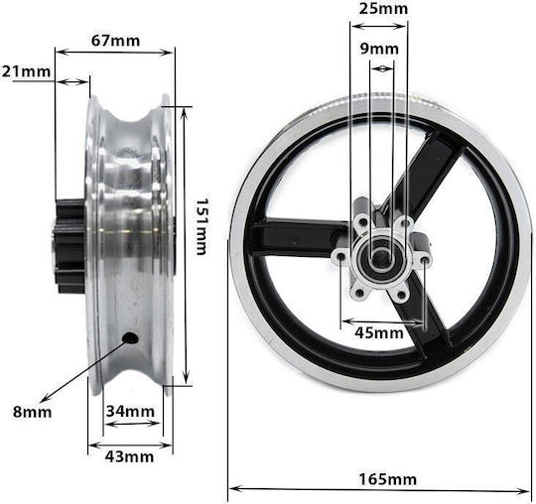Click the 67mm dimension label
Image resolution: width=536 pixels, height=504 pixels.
tap(115, 41)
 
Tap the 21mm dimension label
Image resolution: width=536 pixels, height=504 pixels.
tap(27, 71)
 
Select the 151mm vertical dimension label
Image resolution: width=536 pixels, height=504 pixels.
tap(201, 226)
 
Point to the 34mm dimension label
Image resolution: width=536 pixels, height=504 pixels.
tap(130, 411)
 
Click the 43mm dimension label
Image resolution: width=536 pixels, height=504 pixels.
tap(129, 456)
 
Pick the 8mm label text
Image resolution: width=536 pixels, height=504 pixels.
tap(32, 412)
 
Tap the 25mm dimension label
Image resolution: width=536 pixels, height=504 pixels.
tap(383, 9)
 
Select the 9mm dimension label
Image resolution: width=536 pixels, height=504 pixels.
tap(379, 49)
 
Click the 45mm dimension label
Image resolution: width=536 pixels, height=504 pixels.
tap(379, 332)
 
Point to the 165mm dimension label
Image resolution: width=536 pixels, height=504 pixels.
tap(388, 479)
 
